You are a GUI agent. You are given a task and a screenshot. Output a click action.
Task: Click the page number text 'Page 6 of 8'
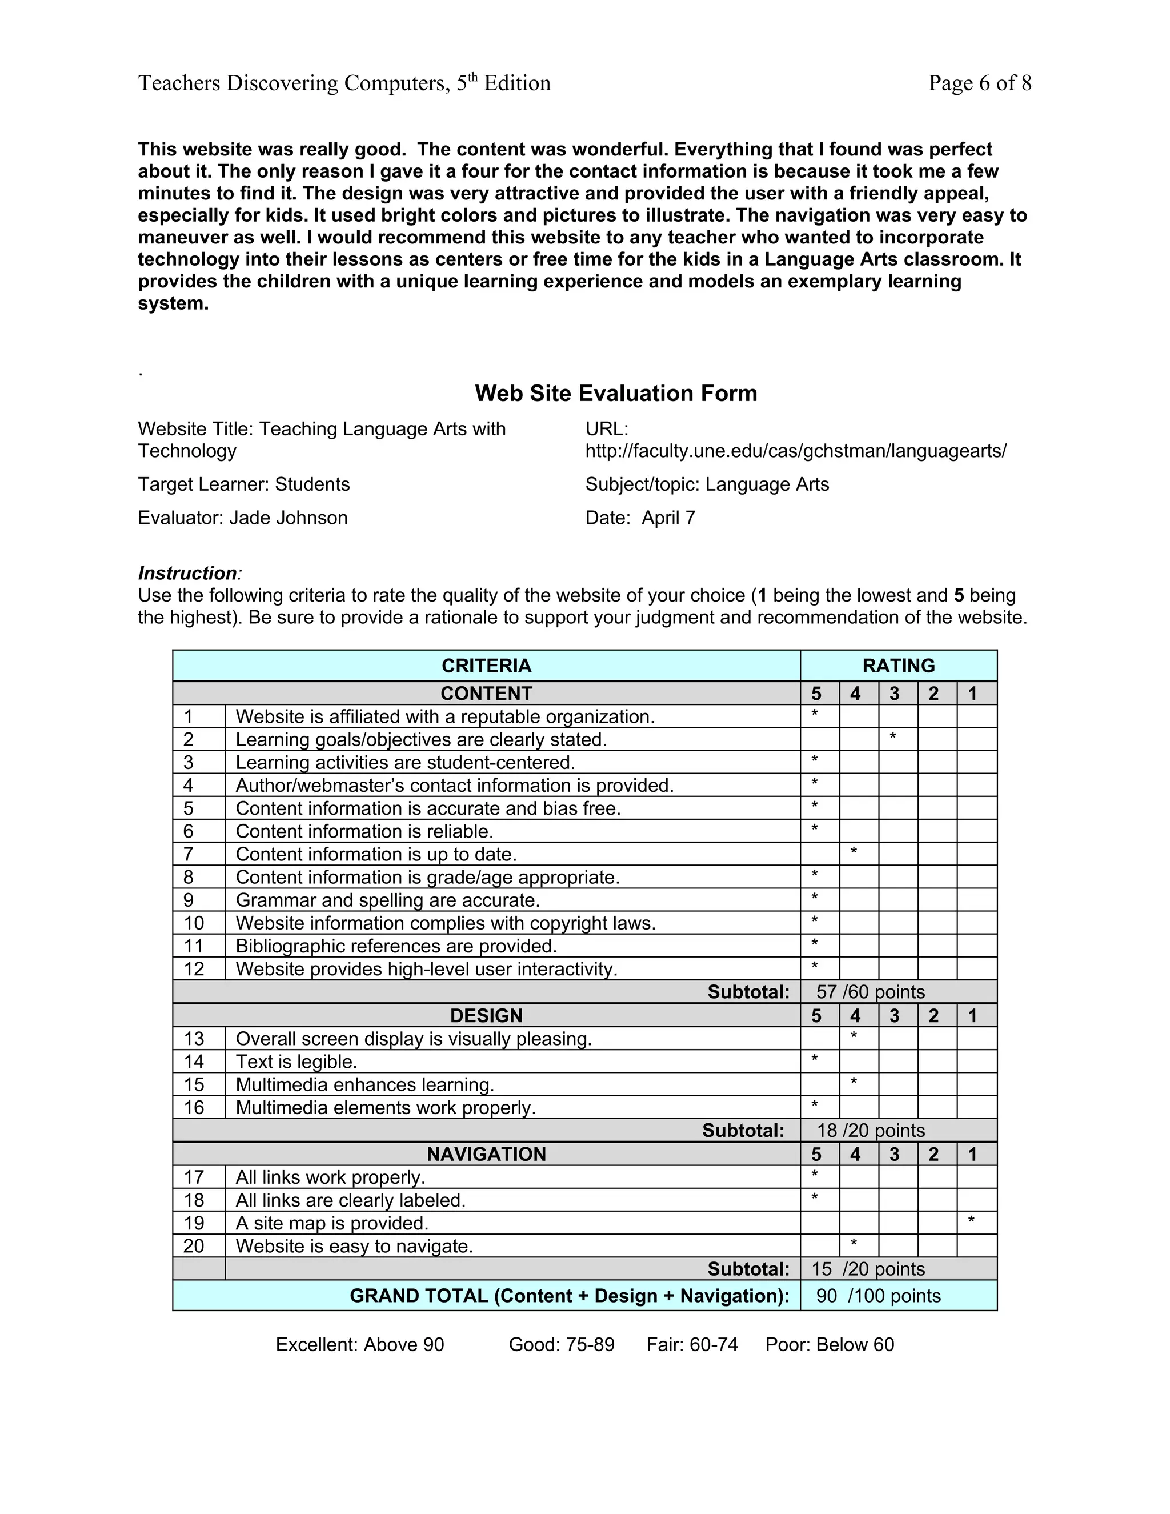coord(979,83)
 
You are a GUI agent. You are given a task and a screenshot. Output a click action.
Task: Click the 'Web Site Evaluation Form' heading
coord(615,393)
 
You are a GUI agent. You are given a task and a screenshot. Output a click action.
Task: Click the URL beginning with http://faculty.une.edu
coord(795,451)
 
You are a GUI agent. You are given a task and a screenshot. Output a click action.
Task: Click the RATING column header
coord(898,666)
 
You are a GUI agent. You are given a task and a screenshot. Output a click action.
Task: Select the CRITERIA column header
coord(486,666)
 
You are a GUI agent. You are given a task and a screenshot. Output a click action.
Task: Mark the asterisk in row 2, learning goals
coord(893,738)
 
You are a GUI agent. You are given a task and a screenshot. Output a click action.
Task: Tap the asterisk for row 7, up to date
coord(854,852)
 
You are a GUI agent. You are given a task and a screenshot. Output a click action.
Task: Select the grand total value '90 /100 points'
coord(878,1296)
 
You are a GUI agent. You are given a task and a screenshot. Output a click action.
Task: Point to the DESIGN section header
coord(486,1016)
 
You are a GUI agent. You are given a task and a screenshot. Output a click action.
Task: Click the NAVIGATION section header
coord(486,1154)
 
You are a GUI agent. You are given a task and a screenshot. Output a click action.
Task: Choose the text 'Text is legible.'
coord(296,1062)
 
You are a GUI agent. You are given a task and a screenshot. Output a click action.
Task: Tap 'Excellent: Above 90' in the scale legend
coord(360,1345)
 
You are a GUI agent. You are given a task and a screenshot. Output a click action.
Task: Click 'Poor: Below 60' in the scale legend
coord(829,1345)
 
